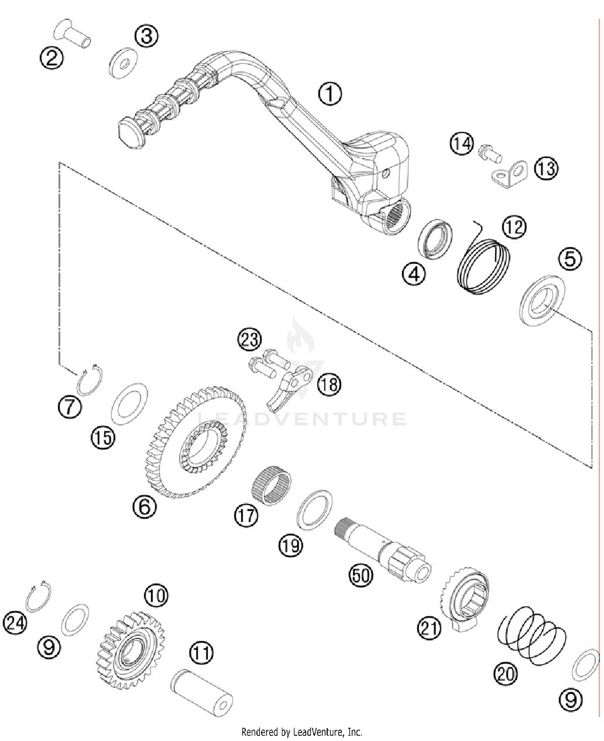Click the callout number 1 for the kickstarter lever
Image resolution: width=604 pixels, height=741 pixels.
coord(330,94)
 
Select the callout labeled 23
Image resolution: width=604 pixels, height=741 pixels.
coord(249,339)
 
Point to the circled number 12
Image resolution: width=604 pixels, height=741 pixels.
coord(514,228)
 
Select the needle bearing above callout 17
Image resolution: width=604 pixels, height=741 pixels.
coord(271,483)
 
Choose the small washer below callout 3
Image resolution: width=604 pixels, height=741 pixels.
coord(123,63)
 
